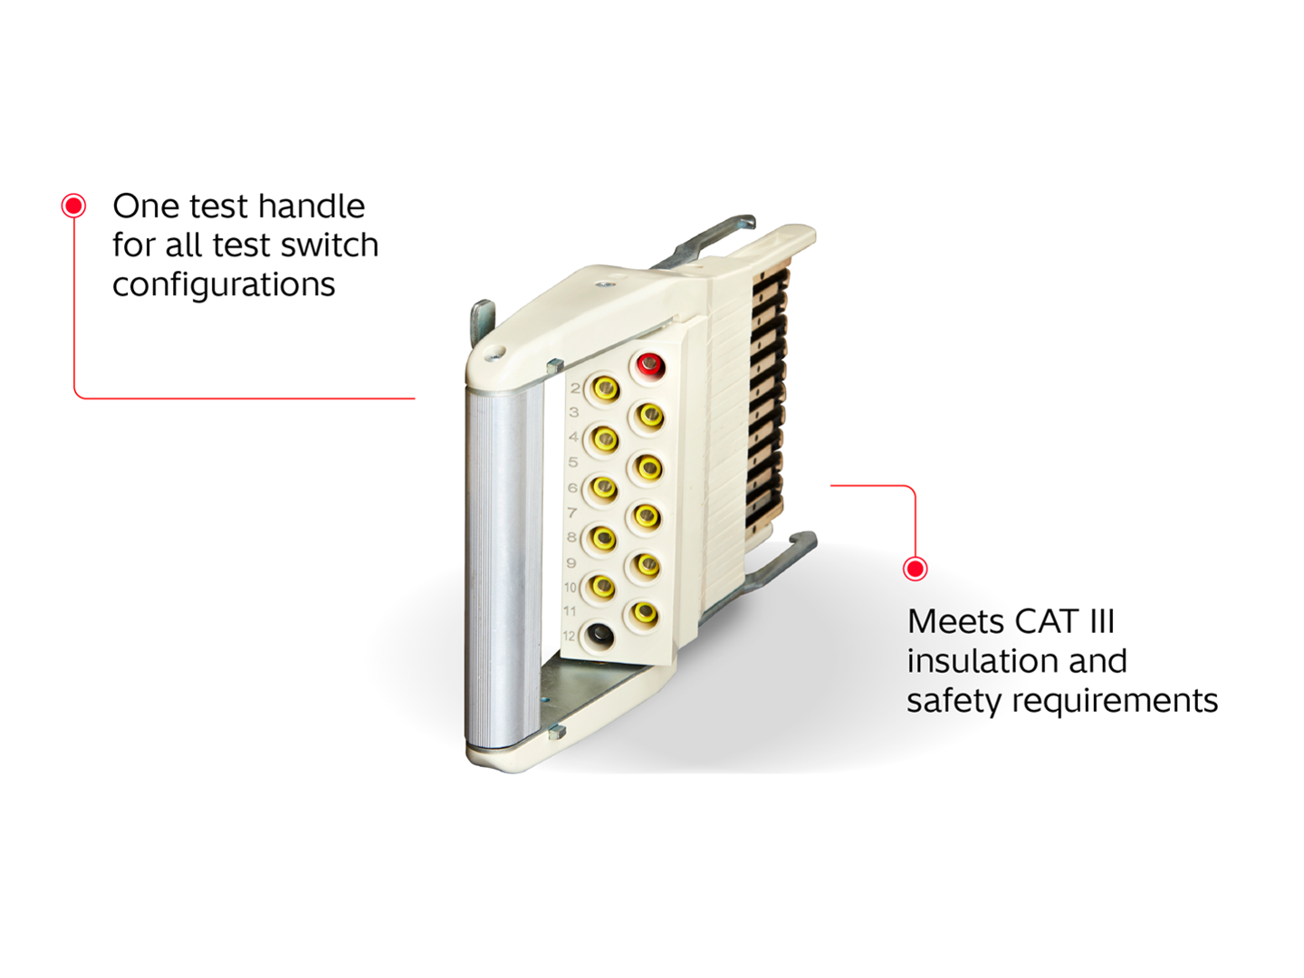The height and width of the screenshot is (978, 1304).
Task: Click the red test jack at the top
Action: (x=649, y=365)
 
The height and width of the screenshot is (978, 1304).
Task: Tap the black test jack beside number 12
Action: (x=599, y=636)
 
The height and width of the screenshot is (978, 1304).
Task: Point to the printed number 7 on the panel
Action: (x=572, y=513)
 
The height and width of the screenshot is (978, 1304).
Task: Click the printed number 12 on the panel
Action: (x=569, y=636)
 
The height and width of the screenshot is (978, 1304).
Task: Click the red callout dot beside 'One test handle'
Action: (x=74, y=206)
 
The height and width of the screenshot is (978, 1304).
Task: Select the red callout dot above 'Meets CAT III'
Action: (x=916, y=569)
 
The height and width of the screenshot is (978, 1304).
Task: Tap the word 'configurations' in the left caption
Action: (x=224, y=285)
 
